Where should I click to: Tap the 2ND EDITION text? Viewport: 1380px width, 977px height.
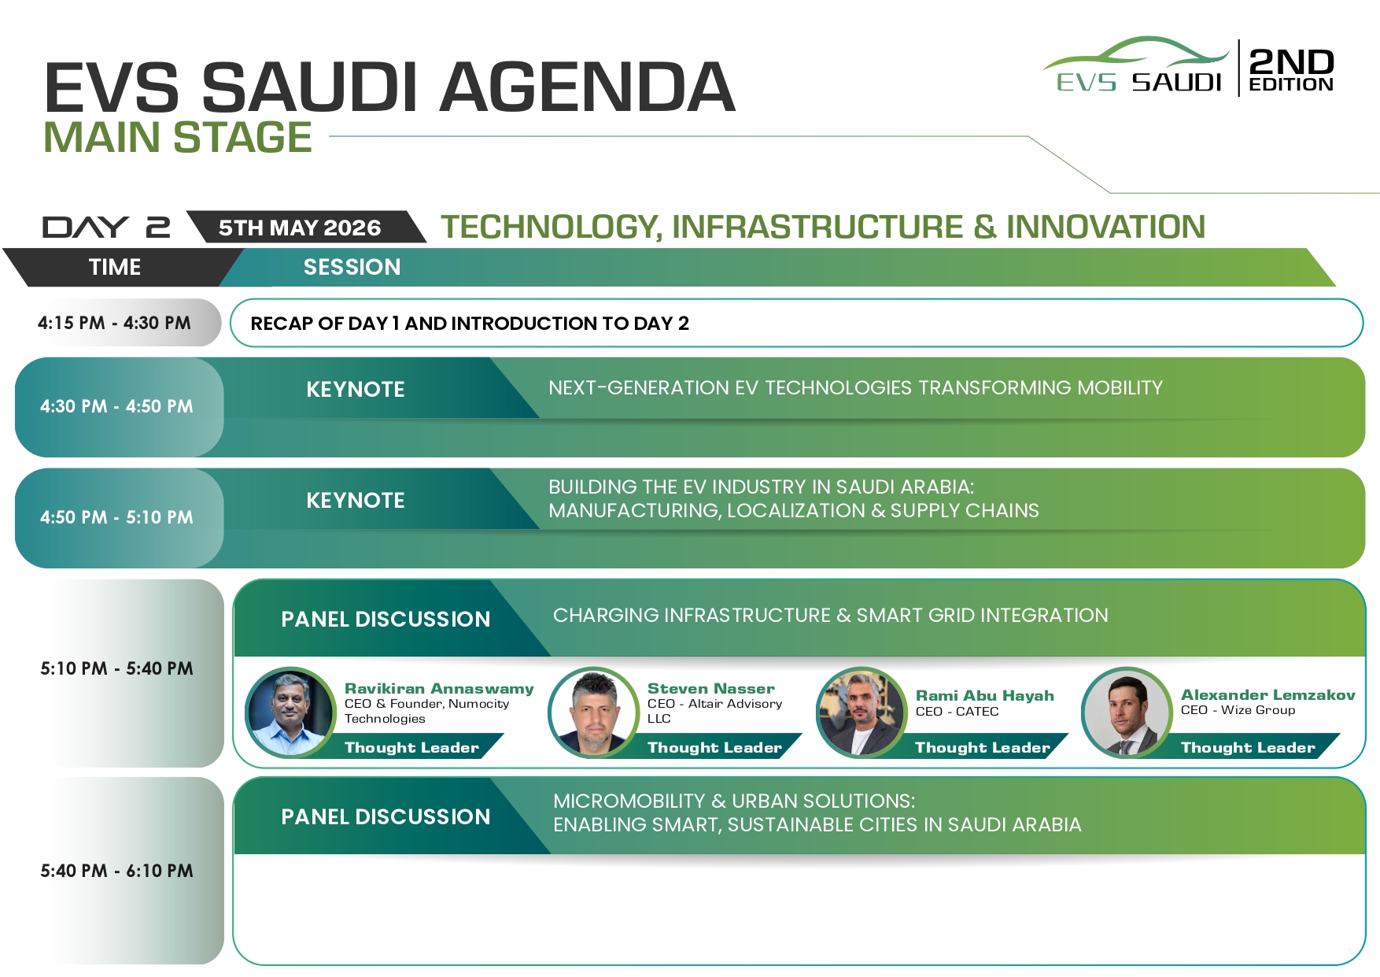1291,69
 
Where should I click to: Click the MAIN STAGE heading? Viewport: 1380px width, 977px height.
178,137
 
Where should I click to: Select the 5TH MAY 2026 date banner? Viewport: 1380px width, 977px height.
300,228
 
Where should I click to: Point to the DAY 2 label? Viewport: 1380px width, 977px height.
106,228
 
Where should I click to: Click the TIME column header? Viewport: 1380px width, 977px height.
115,267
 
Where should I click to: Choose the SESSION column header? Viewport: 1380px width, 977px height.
352,267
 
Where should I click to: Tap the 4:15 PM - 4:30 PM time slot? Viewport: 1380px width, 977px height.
114,323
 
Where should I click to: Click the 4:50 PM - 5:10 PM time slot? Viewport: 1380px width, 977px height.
116,517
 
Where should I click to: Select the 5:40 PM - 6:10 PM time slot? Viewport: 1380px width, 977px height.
116,871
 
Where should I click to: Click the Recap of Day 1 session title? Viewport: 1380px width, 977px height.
470,324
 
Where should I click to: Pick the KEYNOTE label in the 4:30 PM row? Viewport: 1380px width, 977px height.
356,389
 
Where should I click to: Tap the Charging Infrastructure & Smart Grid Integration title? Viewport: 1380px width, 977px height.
831,615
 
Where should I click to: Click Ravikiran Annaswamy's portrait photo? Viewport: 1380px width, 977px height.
290,712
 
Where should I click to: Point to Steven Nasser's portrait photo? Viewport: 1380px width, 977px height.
593,712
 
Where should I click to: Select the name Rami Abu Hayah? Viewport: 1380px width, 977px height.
985,695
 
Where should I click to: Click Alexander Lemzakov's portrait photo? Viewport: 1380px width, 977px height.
1127,712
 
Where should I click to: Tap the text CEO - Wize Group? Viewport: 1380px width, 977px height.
1238,710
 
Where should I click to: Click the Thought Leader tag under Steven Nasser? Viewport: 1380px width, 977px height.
714,747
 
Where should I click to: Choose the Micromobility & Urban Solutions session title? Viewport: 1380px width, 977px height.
817,812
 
